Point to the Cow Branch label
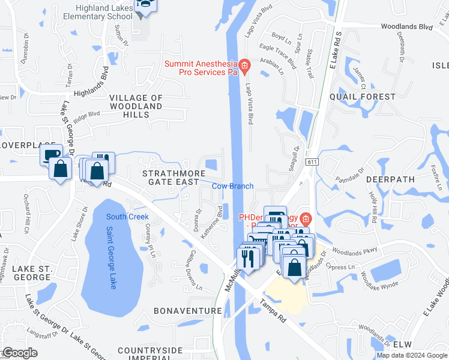[x=232, y=186]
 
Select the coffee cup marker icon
[x=52, y=154]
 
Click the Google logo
[x=20, y=353]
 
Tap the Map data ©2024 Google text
[x=412, y=355]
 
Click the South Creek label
[x=127, y=217]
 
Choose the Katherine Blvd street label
[x=212, y=221]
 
